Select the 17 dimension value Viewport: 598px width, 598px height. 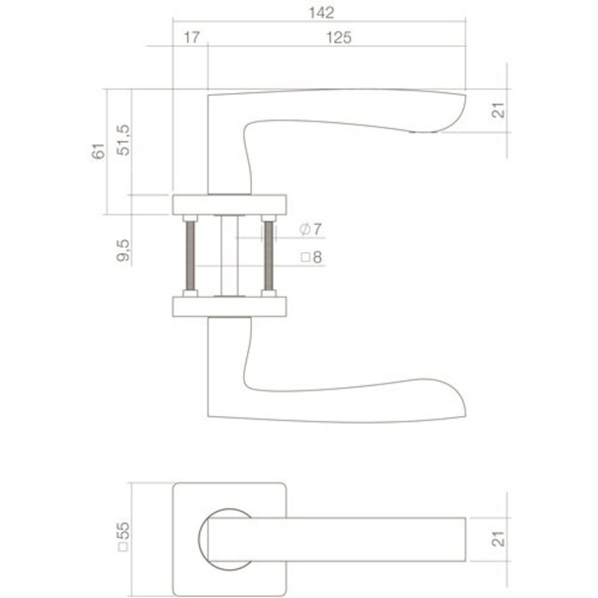pyautogui.click(x=191, y=38)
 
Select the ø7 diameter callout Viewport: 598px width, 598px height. pyautogui.click(x=311, y=229)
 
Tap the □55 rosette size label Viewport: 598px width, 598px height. pyautogui.click(x=124, y=535)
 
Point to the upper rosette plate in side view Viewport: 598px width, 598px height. pyautogui.click(x=230, y=204)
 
